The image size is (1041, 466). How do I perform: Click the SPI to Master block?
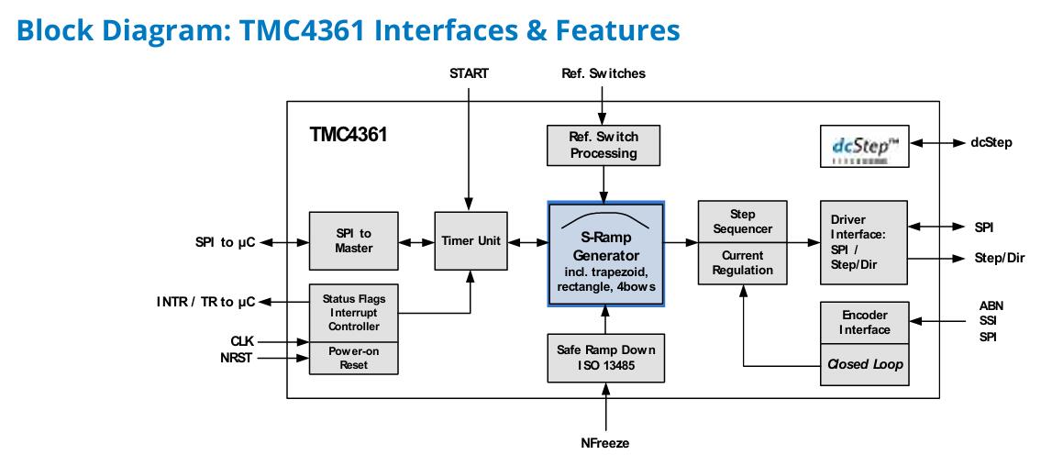(354, 240)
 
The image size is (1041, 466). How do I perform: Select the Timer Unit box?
(471, 240)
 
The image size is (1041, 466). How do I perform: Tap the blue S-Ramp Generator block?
(605, 254)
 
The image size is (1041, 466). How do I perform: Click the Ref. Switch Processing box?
(604, 145)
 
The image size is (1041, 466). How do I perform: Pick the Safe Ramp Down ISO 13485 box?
(605, 358)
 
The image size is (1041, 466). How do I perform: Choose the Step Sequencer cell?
(742, 222)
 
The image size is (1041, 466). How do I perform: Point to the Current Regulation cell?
(742, 263)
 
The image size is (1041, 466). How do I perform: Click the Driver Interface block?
(864, 242)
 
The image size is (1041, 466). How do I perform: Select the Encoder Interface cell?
(864, 323)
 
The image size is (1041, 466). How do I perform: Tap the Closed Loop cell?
(864, 365)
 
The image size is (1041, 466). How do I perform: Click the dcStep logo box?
(864, 146)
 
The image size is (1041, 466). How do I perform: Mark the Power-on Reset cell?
(354, 358)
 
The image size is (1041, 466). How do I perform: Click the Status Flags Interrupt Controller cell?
(354, 313)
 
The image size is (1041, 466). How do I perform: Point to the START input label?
(469, 73)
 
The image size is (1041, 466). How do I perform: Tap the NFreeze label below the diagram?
(604, 443)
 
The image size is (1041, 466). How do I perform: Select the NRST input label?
(237, 359)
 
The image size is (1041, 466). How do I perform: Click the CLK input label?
(241, 342)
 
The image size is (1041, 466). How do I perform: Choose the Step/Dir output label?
(1000, 258)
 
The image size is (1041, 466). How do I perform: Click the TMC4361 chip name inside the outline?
(348, 135)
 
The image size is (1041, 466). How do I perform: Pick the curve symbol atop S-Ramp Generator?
(605, 222)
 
